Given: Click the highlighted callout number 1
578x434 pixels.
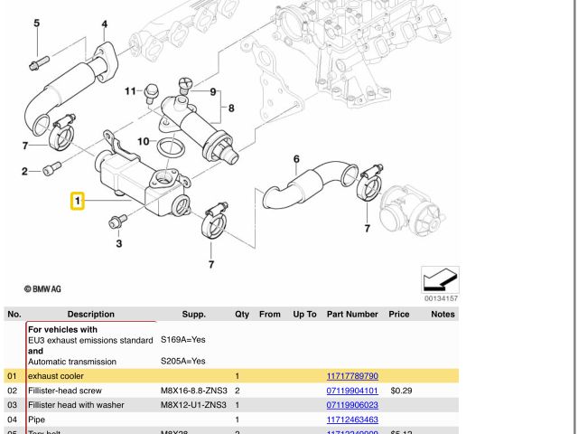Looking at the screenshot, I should (x=79, y=200).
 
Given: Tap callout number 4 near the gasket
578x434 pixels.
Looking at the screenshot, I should (x=104, y=24).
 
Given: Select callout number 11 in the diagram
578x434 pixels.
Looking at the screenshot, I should (x=130, y=91).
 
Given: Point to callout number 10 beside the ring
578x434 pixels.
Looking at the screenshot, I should (x=143, y=141).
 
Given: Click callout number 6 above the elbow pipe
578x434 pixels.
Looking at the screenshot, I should (x=295, y=160).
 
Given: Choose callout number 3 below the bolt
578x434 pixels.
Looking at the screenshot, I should (x=118, y=243).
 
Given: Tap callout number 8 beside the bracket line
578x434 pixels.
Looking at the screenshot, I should (x=231, y=108).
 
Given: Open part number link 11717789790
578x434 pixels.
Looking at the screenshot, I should (x=351, y=375).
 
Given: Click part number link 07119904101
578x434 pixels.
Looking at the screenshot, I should (x=351, y=391).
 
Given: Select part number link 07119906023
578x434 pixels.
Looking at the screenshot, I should (x=351, y=405).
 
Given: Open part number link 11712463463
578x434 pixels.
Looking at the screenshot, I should (x=351, y=420).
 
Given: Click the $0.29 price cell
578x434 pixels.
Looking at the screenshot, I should (x=401, y=391).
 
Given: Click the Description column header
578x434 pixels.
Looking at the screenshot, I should (x=90, y=314).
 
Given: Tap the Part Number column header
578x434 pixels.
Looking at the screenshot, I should (x=351, y=314).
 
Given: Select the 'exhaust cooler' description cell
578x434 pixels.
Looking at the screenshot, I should (x=56, y=375).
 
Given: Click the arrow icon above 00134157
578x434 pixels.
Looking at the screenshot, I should (x=440, y=278).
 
